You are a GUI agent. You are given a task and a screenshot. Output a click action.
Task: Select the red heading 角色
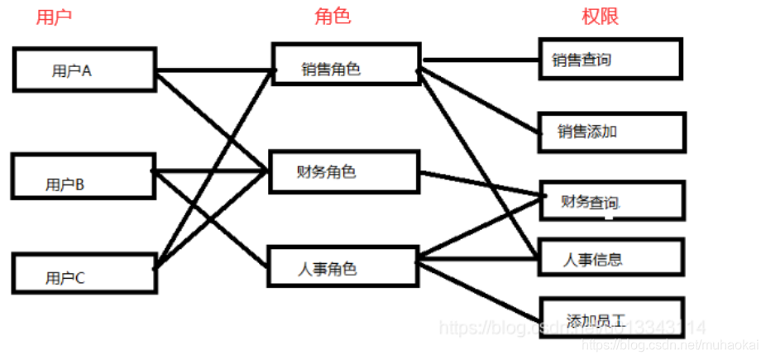pyautogui.click(x=333, y=17)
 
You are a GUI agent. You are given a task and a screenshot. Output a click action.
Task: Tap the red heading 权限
pyautogui.click(x=600, y=17)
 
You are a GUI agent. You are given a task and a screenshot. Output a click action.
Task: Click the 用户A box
pyautogui.click(x=84, y=70)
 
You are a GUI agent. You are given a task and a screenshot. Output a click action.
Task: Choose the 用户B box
pyautogui.click(x=84, y=175)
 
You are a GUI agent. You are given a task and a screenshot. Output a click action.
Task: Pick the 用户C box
pyautogui.click(x=84, y=273)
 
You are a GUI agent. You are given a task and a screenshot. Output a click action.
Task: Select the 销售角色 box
pyautogui.click(x=345, y=64)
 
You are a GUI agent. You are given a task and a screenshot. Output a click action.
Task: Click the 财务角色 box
pyautogui.click(x=345, y=171)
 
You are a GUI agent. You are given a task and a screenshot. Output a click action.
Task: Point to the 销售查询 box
pyautogui.click(x=610, y=59)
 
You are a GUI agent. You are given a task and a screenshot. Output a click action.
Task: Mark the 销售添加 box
pyautogui.click(x=611, y=132)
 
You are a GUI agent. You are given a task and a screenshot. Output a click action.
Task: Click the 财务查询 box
pyautogui.click(x=611, y=200)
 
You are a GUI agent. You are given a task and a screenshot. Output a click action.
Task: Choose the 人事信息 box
pyautogui.click(x=611, y=258)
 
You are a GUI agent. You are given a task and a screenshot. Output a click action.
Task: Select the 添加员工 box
pyautogui.click(x=611, y=318)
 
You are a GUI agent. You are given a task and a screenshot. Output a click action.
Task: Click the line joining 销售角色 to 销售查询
pyautogui.click(x=480, y=60)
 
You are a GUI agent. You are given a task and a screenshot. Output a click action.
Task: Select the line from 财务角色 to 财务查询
pyautogui.click(x=480, y=185)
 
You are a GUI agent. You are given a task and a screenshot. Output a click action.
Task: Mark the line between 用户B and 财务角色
pyautogui.click(x=211, y=172)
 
